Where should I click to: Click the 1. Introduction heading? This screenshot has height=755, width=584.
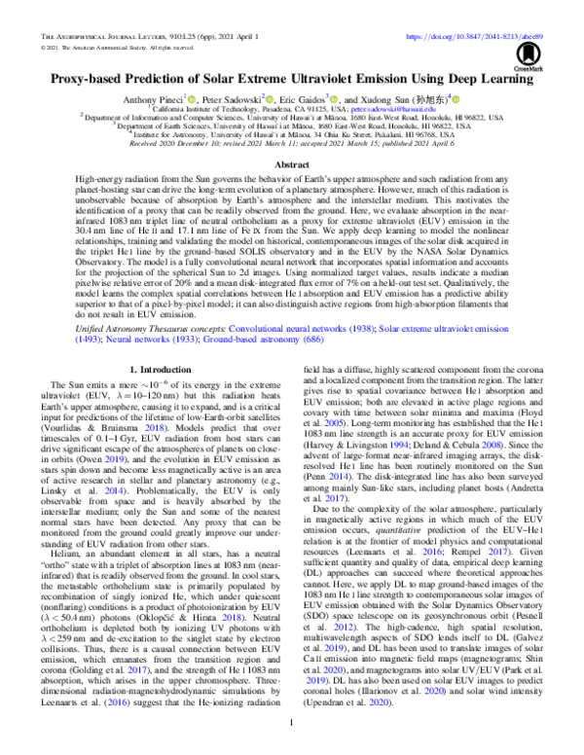coord(159,371)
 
